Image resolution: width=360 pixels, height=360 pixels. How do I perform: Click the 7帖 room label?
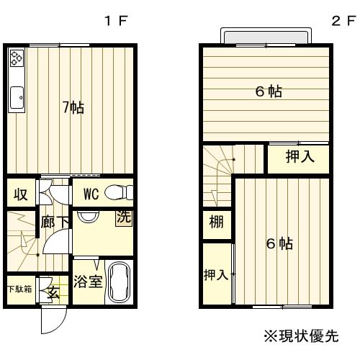(73, 107)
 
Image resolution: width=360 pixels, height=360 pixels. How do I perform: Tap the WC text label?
(91, 194)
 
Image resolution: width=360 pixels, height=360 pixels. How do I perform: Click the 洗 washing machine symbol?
(123, 218)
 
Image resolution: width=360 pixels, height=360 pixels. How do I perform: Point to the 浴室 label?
(89, 282)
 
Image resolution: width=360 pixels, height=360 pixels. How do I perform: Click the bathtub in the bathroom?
(119, 283)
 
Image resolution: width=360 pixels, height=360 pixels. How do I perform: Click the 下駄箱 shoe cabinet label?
(19, 289)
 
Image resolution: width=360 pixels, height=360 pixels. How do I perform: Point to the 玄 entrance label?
(54, 292)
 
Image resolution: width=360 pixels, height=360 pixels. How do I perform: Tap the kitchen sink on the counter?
(17, 93)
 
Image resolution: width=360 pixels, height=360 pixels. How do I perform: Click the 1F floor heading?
(117, 21)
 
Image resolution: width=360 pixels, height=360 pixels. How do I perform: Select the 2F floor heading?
(340, 21)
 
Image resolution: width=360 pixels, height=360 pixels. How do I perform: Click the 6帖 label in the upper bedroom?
(268, 91)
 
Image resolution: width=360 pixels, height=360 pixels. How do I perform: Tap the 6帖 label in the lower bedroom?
(279, 243)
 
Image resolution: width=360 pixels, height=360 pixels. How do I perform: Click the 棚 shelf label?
(215, 221)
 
